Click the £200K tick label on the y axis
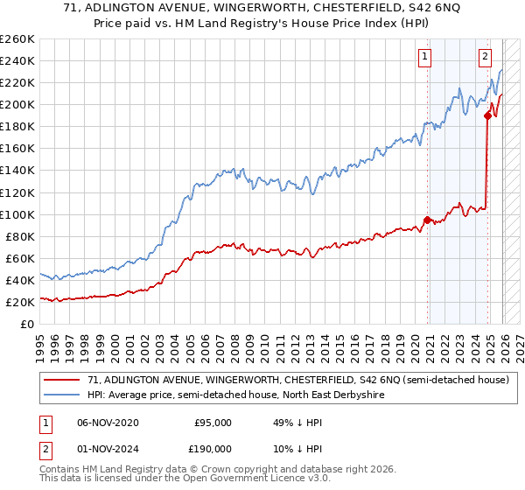(17, 104)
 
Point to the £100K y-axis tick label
(17, 214)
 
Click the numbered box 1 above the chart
(425, 57)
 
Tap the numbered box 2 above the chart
(485, 57)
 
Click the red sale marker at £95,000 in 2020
(427, 220)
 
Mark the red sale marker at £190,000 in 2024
(487, 115)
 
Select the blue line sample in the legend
(62, 395)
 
